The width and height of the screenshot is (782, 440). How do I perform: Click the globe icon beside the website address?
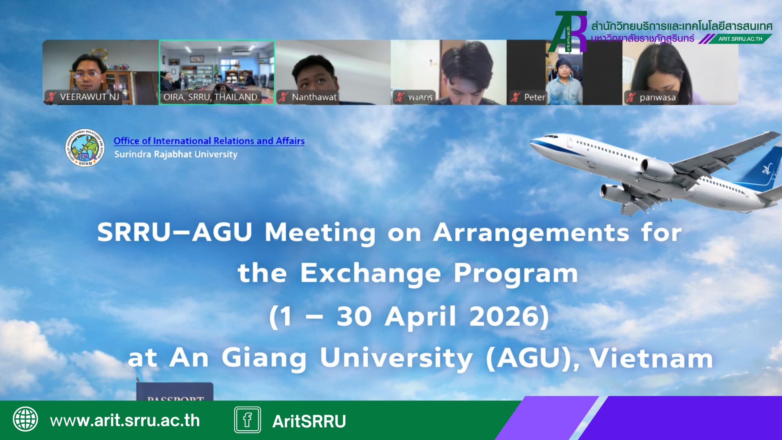[x=26, y=419]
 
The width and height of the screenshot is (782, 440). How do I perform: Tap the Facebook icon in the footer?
[x=247, y=420]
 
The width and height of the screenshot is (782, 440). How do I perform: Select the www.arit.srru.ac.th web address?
[x=125, y=420]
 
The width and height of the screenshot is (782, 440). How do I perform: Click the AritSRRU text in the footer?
[x=309, y=421]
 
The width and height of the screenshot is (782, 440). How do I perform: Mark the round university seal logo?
[x=85, y=147]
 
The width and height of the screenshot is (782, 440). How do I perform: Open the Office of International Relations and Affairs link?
[x=209, y=141]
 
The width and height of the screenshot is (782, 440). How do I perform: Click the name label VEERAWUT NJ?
[x=89, y=97]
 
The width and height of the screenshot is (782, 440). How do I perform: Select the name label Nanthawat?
[x=314, y=97]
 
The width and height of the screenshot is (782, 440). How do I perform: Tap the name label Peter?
[x=534, y=97]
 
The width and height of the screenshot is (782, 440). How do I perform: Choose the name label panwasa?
[x=657, y=97]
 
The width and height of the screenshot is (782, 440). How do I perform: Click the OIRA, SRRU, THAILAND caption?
[x=211, y=97]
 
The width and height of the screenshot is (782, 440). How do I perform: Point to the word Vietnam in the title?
[x=651, y=359]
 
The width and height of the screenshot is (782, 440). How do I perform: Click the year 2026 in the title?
[x=509, y=317]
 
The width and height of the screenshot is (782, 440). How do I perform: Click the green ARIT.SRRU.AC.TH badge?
[x=740, y=39]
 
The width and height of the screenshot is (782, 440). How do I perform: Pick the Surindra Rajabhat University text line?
[x=176, y=154]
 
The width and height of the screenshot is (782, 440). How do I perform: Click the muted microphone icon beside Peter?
[x=515, y=97]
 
